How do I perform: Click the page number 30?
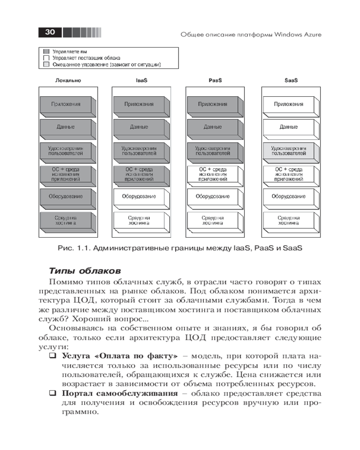[50, 32]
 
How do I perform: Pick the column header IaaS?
[142, 81]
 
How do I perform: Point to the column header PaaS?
[215, 81]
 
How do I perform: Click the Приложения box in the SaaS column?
[288, 104]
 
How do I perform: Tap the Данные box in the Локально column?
[66, 127]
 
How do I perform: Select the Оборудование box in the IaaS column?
[139, 197]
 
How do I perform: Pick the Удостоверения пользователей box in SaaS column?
[288, 150]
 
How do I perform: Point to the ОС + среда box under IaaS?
[139, 174]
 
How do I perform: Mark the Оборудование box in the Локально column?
[66, 197]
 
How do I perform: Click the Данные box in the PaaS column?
[213, 127]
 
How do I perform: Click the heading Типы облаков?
[84, 271]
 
